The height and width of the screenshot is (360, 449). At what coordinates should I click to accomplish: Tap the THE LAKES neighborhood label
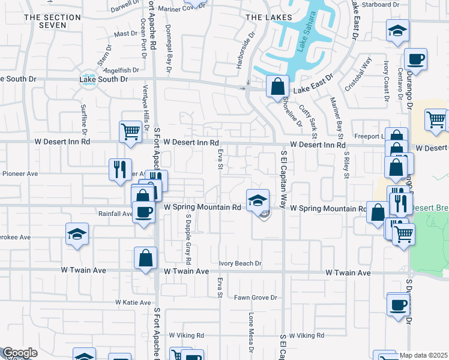[x=269, y=17]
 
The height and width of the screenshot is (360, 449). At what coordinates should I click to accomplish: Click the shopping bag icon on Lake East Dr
[x=277, y=87]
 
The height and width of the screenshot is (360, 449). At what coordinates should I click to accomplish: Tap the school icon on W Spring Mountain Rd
[x=257, y=200]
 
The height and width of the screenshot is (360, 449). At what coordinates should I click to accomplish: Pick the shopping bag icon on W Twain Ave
[x=145, y=259]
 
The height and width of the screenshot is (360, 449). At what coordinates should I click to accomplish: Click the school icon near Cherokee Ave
[x=77, y=235]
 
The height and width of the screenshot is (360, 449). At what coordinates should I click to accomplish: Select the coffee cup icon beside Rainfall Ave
[x=143, y=212]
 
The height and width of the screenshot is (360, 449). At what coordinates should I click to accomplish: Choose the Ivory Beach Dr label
[x=240, y=263]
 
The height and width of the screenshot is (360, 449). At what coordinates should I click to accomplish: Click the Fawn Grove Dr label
[x=255, y=298]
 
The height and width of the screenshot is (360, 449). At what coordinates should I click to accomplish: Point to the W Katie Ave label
[x=133, y=302]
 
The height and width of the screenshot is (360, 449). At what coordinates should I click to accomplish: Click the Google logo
[x=20, y=353]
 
